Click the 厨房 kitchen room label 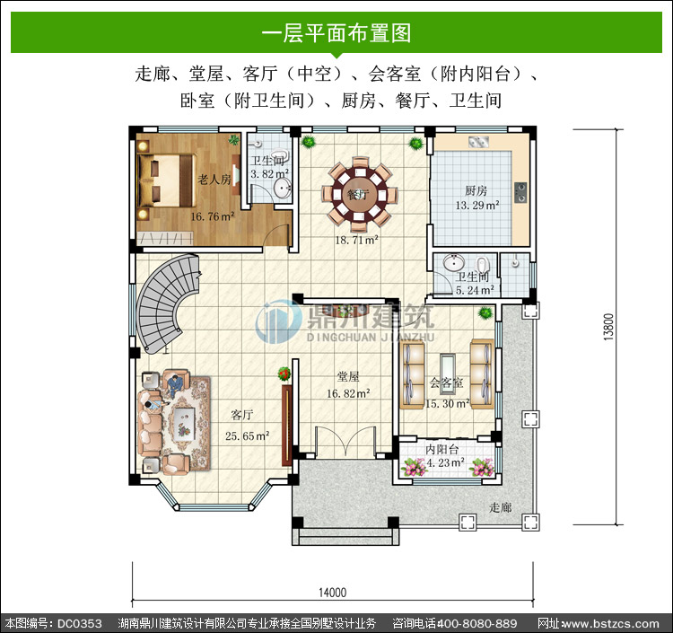(476, 190)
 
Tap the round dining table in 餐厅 (360, 194)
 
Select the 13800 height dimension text (608, 327)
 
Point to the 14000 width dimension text (332, 593)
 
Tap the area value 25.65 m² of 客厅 (248, 435)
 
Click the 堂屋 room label (348, 376)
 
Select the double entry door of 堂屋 (345, 441)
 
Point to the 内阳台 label (442, 449)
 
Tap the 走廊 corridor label (501, 507)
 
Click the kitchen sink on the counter (478, 141)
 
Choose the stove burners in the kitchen (520, 192)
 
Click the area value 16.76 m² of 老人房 (213, 216)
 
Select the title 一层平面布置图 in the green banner (336, 32)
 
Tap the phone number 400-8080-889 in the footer (476, 623)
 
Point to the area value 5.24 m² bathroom (475, 290)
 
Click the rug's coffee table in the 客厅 (184, 424)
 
